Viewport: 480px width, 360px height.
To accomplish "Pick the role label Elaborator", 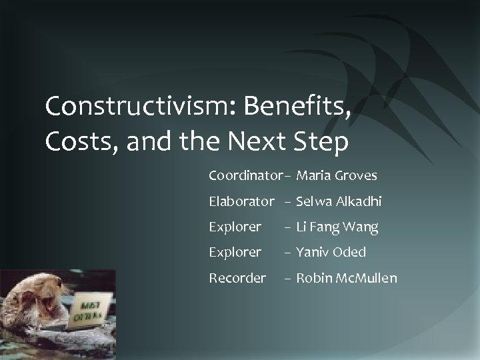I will coord(241,201).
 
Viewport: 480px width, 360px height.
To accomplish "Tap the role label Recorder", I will coord(237,277).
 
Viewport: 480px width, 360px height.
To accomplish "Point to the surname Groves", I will coord(355,176).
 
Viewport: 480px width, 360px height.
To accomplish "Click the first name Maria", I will coord(313,176).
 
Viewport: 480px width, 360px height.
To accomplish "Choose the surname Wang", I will coord(362,227).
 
